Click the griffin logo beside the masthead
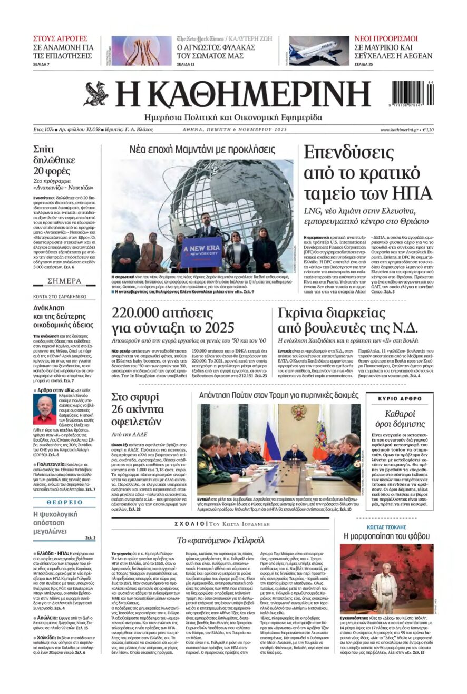96,94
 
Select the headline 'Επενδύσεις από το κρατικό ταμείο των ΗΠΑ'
367,173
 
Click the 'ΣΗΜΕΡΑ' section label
64,281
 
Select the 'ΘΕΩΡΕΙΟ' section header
64,502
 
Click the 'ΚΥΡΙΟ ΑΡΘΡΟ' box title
400,398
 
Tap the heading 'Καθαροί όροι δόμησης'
400,418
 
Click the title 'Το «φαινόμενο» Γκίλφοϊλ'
220,540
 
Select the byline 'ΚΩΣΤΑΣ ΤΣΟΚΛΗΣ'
386,527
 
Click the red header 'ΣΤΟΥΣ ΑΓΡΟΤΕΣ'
60,39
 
